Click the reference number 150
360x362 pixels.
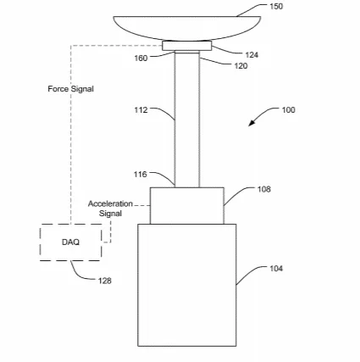pos(276,6)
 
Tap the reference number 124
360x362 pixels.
pos(252,55)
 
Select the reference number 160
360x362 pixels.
pos(141,58)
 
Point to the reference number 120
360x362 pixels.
pos(241,66)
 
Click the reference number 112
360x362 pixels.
pos(141,110)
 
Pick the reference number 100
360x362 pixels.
pos(288,110)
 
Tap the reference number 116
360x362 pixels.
pos(141,175)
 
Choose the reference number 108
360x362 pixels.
pos(264,189)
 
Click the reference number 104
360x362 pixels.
pos(276,269)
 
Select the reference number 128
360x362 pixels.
pos(105,281)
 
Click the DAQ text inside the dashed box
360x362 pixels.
pos(70,242)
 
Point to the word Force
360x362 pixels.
pos(58,89)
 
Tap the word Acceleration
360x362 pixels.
pos(110,203)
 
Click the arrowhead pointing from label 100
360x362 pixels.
pos(252,123)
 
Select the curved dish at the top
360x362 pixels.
pos(187,28)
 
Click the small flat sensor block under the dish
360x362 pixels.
pos(186,46)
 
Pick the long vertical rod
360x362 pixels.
pos(187,119)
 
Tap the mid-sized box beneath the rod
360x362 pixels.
pos(187,206)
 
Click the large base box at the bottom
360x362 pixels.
pos(187,285)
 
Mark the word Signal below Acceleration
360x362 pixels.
pos(110,214)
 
